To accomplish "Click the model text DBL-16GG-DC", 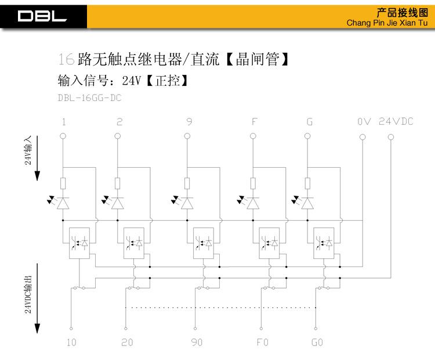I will (89, 98).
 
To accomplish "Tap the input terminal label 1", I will (63, 122).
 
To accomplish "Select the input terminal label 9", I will (189, 122).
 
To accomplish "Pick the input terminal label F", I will (253, 122).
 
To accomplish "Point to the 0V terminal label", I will (364, 122).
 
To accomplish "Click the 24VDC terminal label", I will (396, 121).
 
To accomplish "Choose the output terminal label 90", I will (197, 342).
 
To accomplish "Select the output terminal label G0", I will (317, 342).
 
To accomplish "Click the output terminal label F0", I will (262, 342).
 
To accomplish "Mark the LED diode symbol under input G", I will (307, 203).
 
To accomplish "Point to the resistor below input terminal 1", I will (63, 184).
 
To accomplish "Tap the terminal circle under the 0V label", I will (362, 137).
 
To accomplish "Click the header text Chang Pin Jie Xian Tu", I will (386, 23).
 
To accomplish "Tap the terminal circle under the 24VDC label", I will (390, 137).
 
